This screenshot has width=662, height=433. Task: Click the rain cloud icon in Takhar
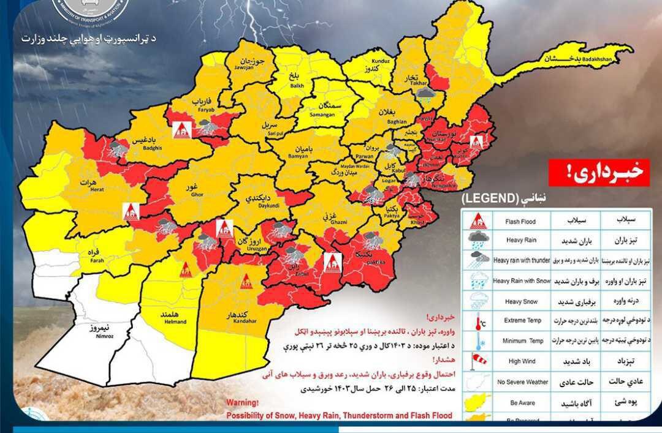[x=424, y=94]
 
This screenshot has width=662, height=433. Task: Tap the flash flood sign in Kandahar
[x=246, y=281]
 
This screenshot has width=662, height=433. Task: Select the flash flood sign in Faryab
[x=181, y=129]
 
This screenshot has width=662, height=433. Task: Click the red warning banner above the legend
[x=598, y=173]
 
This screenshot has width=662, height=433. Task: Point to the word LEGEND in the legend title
[x=490, y=198]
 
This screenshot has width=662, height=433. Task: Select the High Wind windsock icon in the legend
[x=478, y=361]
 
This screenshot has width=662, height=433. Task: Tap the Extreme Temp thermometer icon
[x=478, y=320]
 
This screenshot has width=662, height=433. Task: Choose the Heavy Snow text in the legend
[x=522, y=301]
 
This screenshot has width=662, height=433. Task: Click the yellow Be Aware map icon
[x=478, y=402]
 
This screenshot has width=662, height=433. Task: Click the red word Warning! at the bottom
[x=243, y=403]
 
